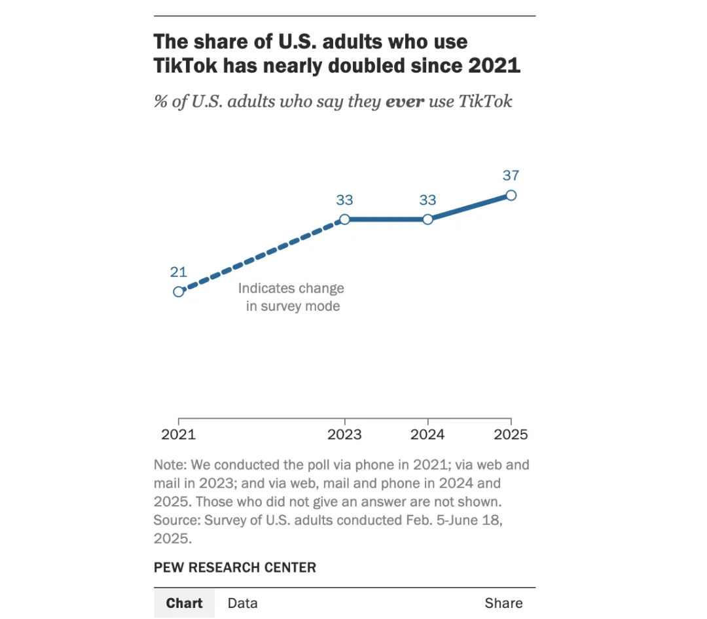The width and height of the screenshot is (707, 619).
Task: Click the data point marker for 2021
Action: (179, 292)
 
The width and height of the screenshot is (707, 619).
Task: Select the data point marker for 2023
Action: (344, 219)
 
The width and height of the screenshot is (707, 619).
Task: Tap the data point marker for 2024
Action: (427, 219)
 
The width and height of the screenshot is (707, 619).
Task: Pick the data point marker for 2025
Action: (511, 195)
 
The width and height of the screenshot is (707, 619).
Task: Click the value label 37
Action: (511, 175)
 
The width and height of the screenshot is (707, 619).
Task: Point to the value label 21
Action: (179, 272)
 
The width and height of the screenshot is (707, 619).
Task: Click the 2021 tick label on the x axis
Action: (179, 435)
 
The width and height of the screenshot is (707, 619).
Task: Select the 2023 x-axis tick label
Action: (344, 435)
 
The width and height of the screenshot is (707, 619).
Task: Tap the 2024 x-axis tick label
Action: (427, 435)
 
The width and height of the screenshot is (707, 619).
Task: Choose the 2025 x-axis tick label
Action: (511, 435)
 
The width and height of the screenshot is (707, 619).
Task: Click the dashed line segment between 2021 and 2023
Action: (262, 256)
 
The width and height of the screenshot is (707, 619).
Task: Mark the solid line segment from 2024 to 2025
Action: (469, 207)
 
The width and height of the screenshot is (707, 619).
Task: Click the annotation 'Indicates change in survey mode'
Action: (291, 297)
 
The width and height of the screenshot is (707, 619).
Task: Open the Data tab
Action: (243, 603)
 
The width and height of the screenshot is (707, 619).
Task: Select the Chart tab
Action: (184, 603)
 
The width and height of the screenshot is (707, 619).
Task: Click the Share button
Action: (503, 603)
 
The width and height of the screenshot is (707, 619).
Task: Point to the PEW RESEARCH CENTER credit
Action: (235, 567)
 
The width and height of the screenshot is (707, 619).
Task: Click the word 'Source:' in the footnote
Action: (177, 521)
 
